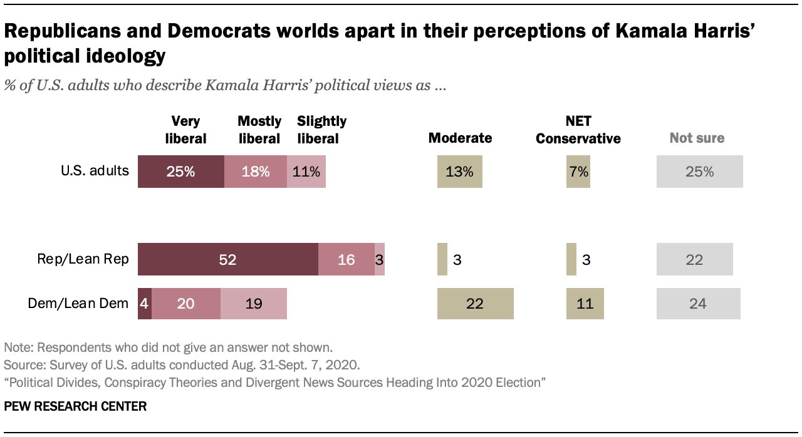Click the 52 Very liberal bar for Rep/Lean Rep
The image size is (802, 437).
click(x=227, y=259)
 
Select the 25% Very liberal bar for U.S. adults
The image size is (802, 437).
click(x=180, y=172)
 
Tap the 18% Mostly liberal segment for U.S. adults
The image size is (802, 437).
click(x=255, y=172)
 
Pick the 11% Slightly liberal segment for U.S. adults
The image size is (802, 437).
click(x=306, y=172)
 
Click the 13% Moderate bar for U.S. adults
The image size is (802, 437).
click(x=459, y=172)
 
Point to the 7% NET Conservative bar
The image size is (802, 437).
click(x=578, y=172)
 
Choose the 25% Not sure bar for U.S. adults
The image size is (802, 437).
click(x=699, y=172)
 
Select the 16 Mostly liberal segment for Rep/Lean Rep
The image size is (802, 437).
click(x=346, y=259)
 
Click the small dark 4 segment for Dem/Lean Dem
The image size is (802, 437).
click(x=144, y=304)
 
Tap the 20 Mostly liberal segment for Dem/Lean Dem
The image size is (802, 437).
click(x=185, y=304)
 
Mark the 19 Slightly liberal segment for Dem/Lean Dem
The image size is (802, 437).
click(x=253, y=304)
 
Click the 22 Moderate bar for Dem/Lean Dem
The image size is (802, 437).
click(x=475, y=304)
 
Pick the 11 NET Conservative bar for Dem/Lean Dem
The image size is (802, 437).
click(x=585, y=304)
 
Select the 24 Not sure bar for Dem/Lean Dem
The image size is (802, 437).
click(x=698, y=304)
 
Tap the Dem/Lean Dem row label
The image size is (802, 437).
click(x=78, y=304)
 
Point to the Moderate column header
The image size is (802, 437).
click(x=460, y=138)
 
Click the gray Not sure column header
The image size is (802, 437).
click(x=697, y=138)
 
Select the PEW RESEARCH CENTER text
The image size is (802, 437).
click(x=75, y=406)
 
